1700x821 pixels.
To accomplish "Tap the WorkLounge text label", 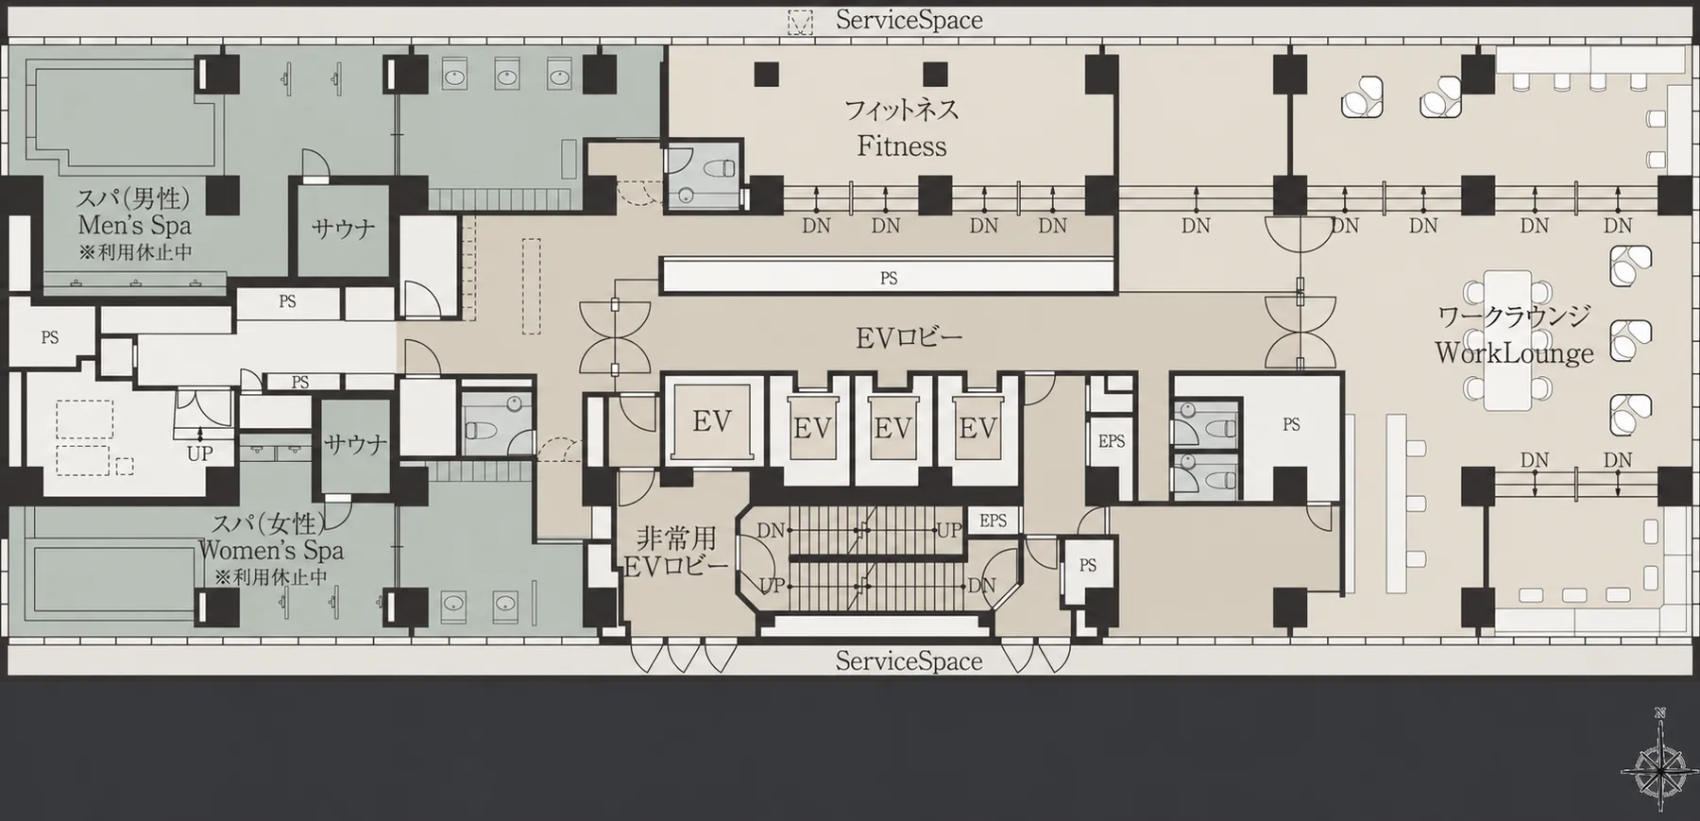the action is point(1514,353).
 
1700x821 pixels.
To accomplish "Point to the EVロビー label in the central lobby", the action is point(909,337).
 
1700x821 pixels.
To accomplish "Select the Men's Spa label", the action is point(134,225).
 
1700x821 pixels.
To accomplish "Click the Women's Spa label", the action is point(271,550).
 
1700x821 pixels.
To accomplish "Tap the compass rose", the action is point(1660,770).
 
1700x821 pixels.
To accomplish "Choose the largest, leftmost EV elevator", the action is point(712,421).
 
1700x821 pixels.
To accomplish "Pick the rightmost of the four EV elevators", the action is point(977,428).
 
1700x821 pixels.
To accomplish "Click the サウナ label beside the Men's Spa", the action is point(343,229).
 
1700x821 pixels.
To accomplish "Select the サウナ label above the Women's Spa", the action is point(356,444).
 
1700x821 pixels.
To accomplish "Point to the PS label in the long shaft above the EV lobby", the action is point(889,278).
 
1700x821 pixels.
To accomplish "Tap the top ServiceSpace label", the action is point(909,20).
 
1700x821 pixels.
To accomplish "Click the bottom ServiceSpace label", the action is point(909,661).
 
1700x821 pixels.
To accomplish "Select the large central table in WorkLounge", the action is point(1507,341).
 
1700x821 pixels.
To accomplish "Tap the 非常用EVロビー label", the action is point(676,552).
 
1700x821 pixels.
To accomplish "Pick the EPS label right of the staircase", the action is point(993,521).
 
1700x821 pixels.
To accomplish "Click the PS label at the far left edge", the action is point(50,337).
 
